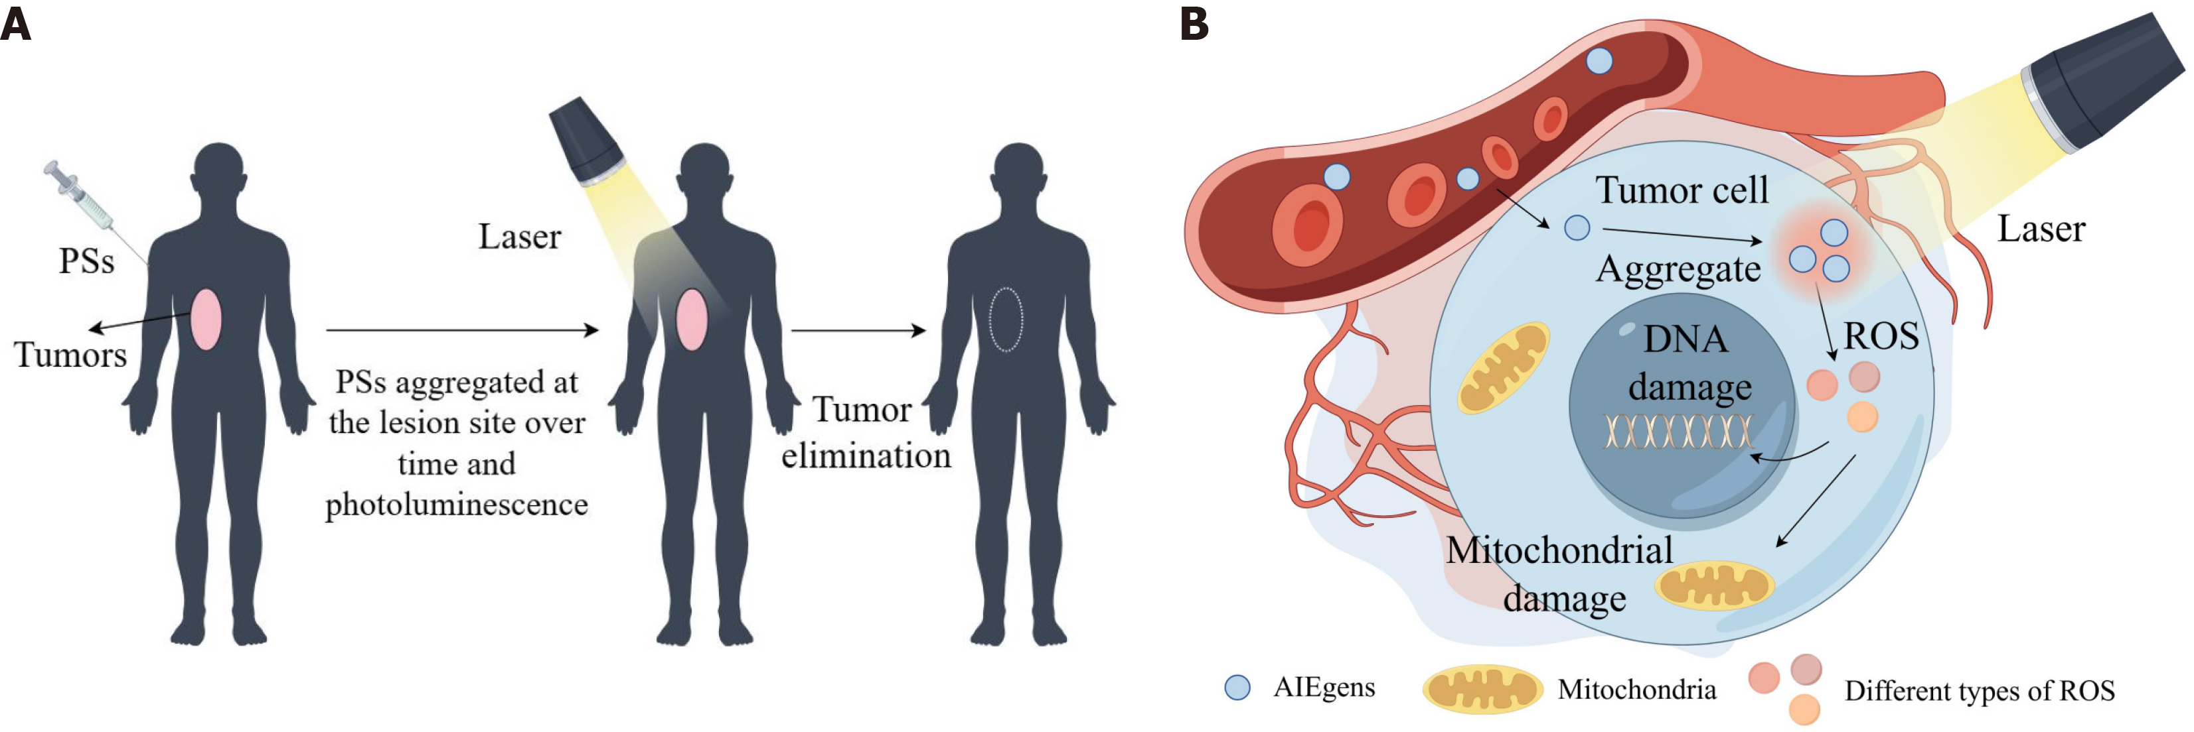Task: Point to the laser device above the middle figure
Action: [586, 141]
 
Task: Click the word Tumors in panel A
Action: [70, 355]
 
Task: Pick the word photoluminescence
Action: [457, 505]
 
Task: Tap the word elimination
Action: [866, 456]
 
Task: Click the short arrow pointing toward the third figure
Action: [858, 330]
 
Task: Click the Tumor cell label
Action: [1682, 190]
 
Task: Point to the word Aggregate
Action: [1678, 269]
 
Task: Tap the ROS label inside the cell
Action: [1881, 336]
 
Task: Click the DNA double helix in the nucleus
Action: [1678, 432]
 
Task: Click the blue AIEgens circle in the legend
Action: [1237, 688]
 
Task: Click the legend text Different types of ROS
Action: [1978, 690]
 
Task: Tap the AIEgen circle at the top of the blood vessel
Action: [1599, 61]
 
